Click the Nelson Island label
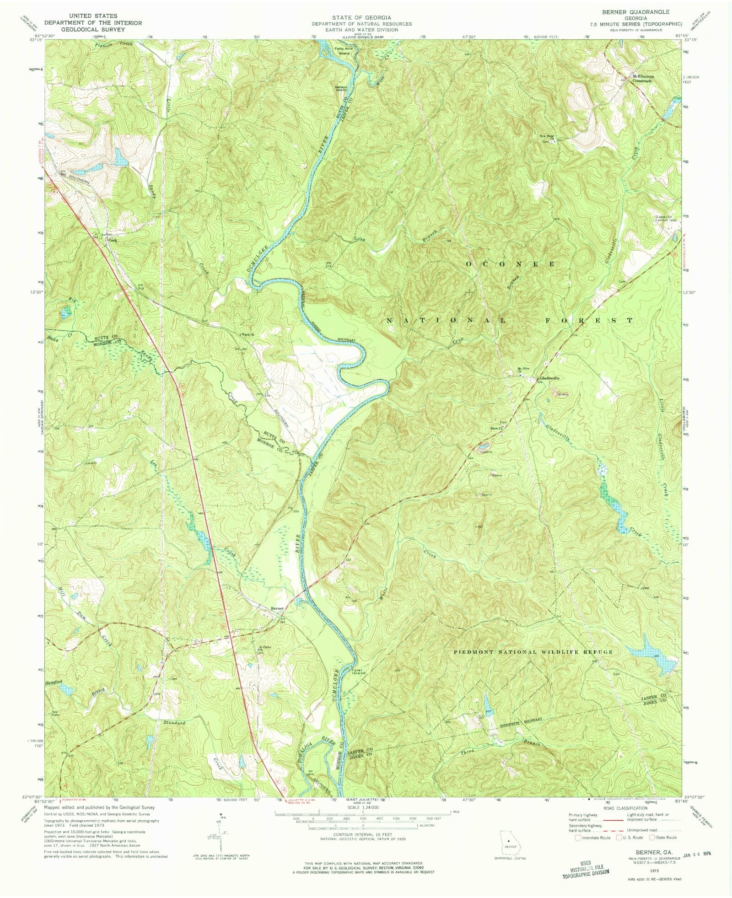pyautogui.click(x=341, y=88)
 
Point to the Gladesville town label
pyautogui.click(x=549, y=378)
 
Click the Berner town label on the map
pyautogui.click(x=277, y=608)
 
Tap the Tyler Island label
pyautogui.click(x=358, y=672)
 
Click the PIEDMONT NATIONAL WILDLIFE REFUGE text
pyautogui.click(x=533, y=651)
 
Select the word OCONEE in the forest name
pyautogui.click(x=511, y=264)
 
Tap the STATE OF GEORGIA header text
pyautogui.click(x=361, y=17)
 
